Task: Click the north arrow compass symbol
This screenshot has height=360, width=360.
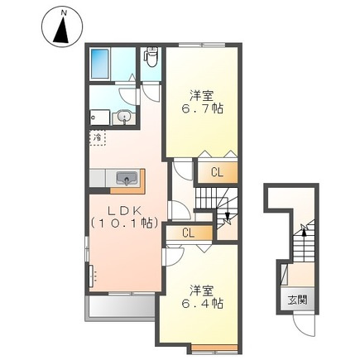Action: (62, 27)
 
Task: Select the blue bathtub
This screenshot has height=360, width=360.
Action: (99, 64)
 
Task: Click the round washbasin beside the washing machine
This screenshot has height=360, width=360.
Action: (124, 117)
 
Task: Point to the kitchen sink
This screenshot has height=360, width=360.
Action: (127, 178)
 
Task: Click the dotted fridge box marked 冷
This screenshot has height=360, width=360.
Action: (98, 137)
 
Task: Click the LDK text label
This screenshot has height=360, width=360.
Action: (124, 211)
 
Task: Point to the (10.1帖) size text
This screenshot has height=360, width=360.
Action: (124, 223)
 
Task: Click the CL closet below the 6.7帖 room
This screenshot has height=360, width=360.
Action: (217, 173)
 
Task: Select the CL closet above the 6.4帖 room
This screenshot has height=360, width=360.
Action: (189, 233)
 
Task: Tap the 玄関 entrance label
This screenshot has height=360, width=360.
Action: (298, 300)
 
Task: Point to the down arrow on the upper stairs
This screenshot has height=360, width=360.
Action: (227, 217)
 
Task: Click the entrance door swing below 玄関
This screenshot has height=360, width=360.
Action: (304, 325)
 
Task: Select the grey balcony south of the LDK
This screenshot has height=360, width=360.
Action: (121, 306)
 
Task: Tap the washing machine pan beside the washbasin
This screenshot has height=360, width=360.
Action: (99, 117)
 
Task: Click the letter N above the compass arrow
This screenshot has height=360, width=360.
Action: (64, 12)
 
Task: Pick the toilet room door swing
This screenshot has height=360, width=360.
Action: (151, 94)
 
